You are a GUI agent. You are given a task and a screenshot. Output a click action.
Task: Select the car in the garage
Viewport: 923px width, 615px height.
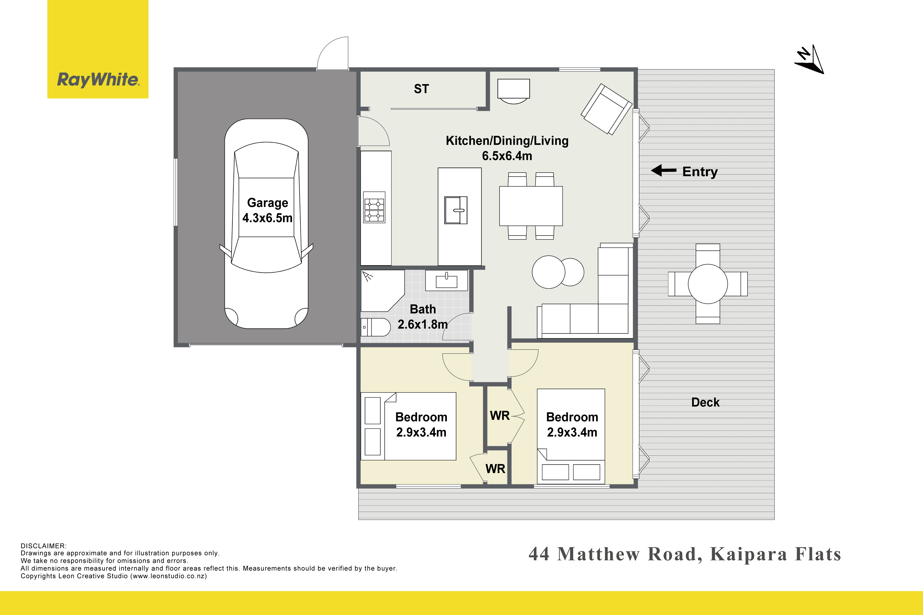click(266, 224)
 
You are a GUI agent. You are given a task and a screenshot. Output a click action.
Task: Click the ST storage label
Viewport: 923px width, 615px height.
click(421, 89)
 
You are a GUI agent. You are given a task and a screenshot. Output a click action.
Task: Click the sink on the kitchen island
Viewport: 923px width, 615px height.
click(456, 210)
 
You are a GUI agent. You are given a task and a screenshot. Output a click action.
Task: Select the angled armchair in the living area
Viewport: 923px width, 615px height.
click(606, 109)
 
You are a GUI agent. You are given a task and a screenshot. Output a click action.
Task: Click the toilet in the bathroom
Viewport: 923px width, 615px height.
click(376, 327)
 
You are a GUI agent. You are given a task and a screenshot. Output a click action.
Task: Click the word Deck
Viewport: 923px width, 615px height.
click(705, 402)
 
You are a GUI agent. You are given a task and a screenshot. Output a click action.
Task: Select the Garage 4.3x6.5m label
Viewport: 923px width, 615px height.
click(267, 210)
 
